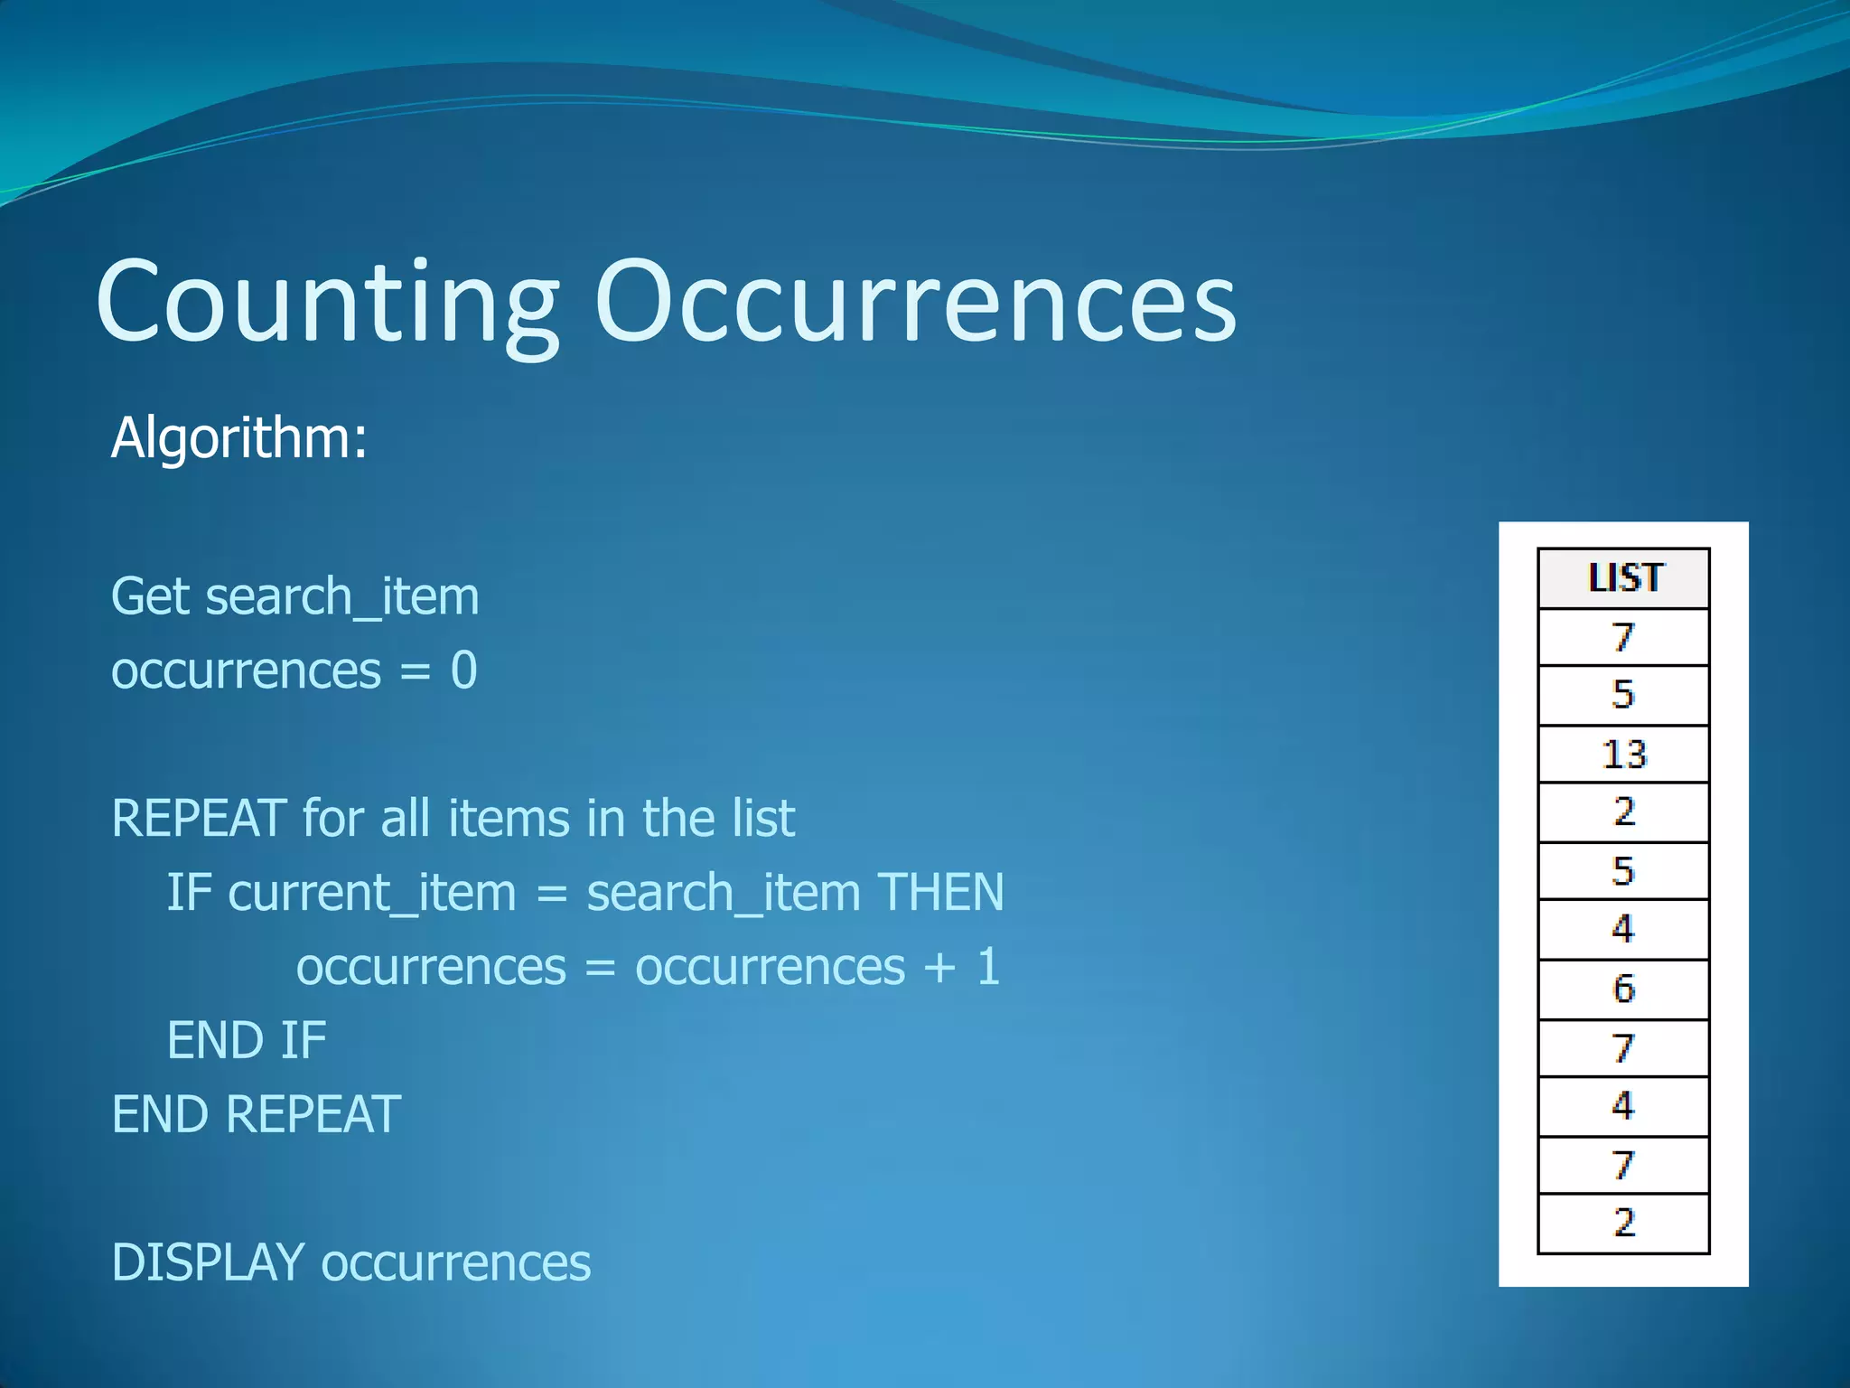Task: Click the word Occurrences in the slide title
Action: [x=914, y=303]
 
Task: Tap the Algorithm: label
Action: [x=239, y=438]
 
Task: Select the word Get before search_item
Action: [x=152, y=597]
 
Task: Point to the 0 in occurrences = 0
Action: [x=463, y=671]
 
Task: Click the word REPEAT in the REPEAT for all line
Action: [x=200, y=819]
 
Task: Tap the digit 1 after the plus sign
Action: [x=988, y=966]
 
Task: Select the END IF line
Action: [x=247, y=1040]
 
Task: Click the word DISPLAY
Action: [x=208, y=1262]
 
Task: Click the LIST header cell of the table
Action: [x=1623, y=578]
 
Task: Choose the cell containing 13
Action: [x=1623, y=755]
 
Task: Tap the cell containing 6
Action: [x=1623, y=989]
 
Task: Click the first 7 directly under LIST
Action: [x=1623, y=638]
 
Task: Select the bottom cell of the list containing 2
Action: [x=1623, y=1223]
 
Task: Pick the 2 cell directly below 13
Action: [x=1623, y=812]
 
